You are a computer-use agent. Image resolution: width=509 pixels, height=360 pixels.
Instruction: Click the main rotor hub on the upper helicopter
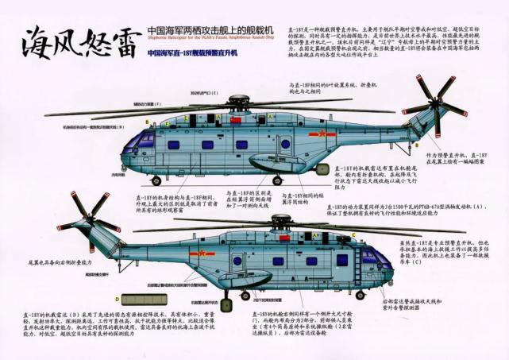tap(237, 103)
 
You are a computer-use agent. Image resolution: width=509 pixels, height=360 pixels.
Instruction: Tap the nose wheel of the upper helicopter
tap(156, 181)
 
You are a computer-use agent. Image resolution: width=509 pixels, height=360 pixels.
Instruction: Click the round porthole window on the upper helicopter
tap(285, 144)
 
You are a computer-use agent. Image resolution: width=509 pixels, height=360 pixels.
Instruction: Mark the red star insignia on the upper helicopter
tap(321, 134)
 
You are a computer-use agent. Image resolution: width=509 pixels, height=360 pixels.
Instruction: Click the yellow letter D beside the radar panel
tap(117, 300)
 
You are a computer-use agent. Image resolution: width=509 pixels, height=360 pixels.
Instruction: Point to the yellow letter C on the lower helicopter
tap(353, 237)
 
